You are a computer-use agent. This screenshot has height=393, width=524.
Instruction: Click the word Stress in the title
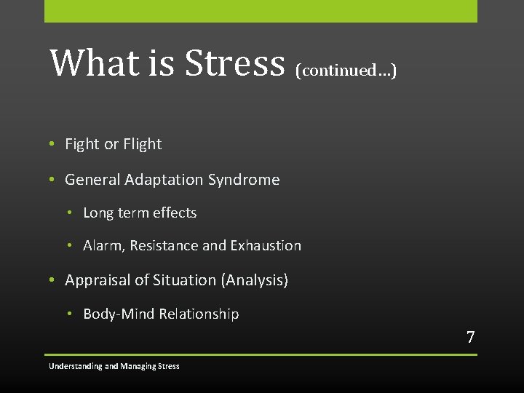(x=234, y=63)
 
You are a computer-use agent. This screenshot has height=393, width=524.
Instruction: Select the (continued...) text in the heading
(x=346, y=70)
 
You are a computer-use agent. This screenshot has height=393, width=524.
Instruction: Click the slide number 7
(x=470, y=337)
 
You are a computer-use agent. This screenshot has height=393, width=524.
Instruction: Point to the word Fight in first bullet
(x=82, y=144)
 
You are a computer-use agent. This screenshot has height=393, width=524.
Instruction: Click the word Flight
(x=142, y=144)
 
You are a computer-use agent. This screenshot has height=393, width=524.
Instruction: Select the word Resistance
(x=164, y=246)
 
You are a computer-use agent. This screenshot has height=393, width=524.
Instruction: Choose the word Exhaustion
(x=266, y=246)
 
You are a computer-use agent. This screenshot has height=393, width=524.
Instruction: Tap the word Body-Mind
(x=116, y=314)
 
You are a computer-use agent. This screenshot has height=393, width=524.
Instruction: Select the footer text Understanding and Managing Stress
(x=114, y=366)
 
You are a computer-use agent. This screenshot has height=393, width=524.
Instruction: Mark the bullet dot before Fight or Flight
(x=52, y=144)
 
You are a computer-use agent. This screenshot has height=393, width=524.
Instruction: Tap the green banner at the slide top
(x=261, y=11)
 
